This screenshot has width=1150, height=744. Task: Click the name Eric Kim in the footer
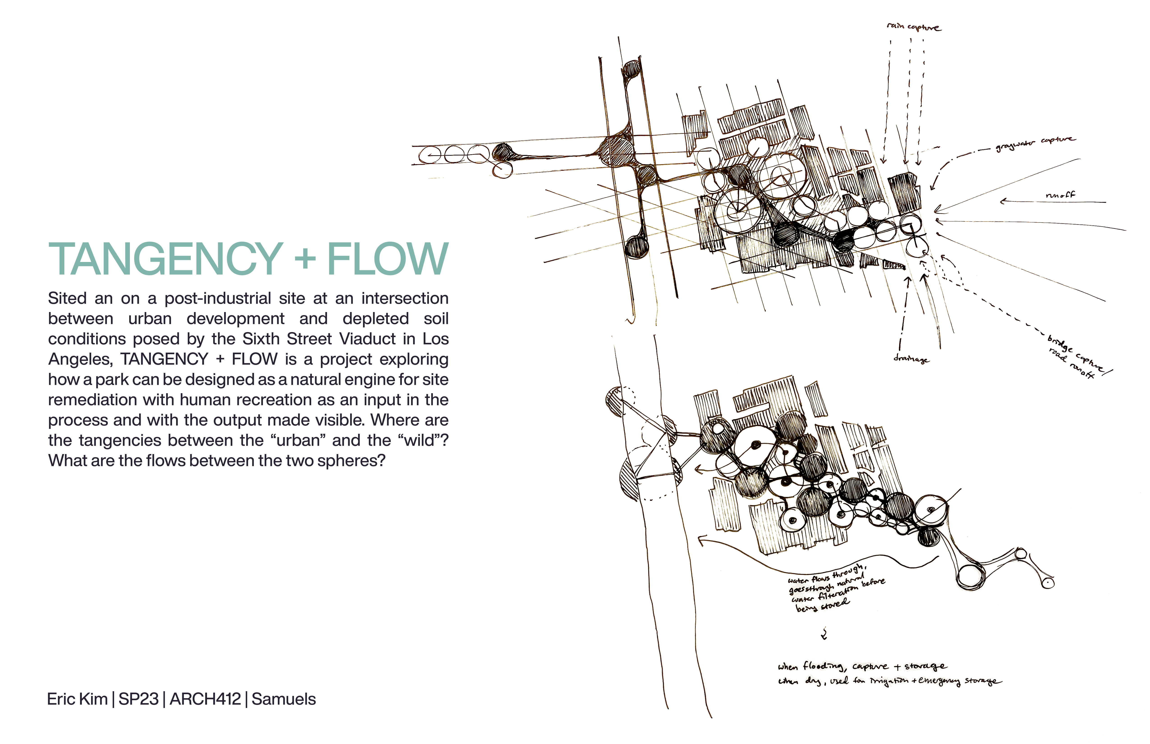tap(77, 699)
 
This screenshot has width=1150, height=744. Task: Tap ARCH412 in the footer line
tap(205, 699)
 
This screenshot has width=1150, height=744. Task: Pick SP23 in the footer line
tap(139, 699)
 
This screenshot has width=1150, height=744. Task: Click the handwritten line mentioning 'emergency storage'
tap(889, 681)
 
